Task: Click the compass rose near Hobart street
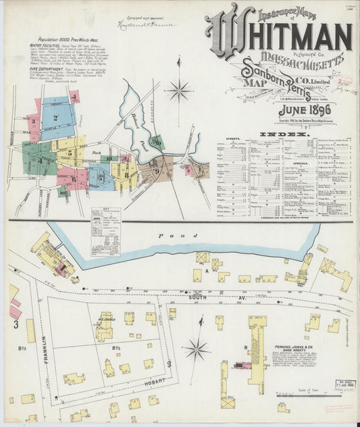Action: [x=197, y=349]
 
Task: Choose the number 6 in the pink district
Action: [x=73, y=178]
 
